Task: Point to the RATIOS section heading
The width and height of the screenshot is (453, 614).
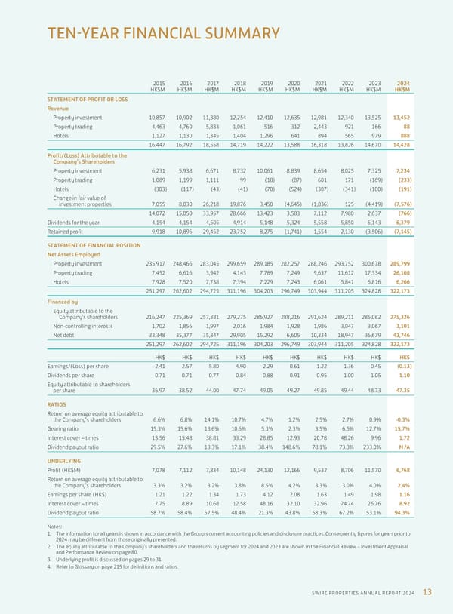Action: [x=58, y=404]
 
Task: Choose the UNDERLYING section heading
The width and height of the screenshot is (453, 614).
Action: [x=63, y=459]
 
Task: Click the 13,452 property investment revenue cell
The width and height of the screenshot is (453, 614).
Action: [x=401, y=118]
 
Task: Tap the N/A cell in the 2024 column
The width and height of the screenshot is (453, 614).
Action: [x=404, y=446]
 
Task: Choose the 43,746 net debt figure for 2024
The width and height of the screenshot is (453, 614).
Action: [x=401, y=335]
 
